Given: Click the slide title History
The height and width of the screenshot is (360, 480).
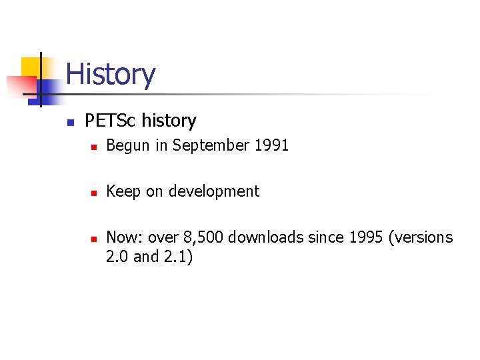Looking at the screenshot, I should point(111,74).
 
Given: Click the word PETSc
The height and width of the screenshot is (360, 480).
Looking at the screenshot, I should point(111,121).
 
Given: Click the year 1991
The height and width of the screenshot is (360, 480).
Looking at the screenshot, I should point(271,145).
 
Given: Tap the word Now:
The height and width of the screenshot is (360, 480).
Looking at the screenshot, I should point(125,237).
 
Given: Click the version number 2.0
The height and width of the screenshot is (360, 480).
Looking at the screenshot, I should point(117,257).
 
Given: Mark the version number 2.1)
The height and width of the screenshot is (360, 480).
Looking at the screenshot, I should point(177,257).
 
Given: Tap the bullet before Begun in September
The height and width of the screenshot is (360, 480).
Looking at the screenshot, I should point(95,147).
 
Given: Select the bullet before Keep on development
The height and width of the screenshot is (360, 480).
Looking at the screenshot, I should point(95,193).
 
